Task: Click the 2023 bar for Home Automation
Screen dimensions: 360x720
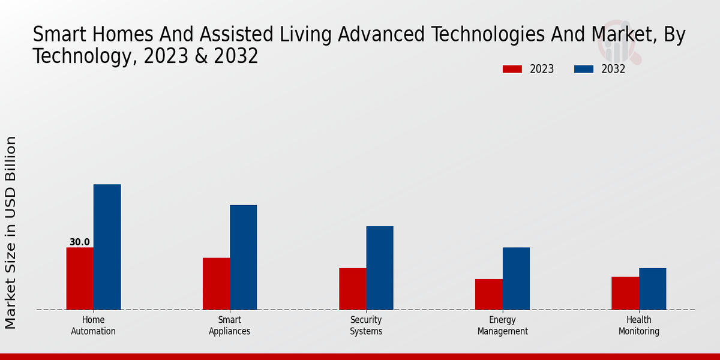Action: click(80, 278)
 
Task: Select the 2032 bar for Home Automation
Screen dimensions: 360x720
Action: click(107, 247)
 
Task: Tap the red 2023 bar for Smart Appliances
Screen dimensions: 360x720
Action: click(216, 284)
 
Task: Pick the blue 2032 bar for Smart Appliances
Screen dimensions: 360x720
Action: click(243, 257)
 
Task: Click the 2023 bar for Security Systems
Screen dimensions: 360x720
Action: click(352, 289)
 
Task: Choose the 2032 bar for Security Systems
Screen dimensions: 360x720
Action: click(380, 268)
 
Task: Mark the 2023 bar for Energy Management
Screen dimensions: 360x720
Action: click(488, 294)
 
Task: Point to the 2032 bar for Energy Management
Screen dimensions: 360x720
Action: click(516, 278)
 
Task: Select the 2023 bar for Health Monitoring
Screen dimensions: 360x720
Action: click(625, 293)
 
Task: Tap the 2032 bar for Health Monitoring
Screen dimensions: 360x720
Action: click(652, 289)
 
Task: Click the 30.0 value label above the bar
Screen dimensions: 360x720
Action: click(80, 242)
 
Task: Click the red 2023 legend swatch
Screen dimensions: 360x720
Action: click(512, 69)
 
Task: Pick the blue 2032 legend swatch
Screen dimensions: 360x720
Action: click(584, 69)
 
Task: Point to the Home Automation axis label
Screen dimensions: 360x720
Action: click(93, 325)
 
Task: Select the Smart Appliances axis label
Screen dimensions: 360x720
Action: click(230, 325)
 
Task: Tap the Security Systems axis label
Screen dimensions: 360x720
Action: click(366, 325)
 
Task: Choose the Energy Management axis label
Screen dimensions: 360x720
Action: click(503, 325)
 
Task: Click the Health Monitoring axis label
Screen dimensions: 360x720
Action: click(639, 325)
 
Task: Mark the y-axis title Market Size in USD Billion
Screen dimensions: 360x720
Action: click(11, 233)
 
